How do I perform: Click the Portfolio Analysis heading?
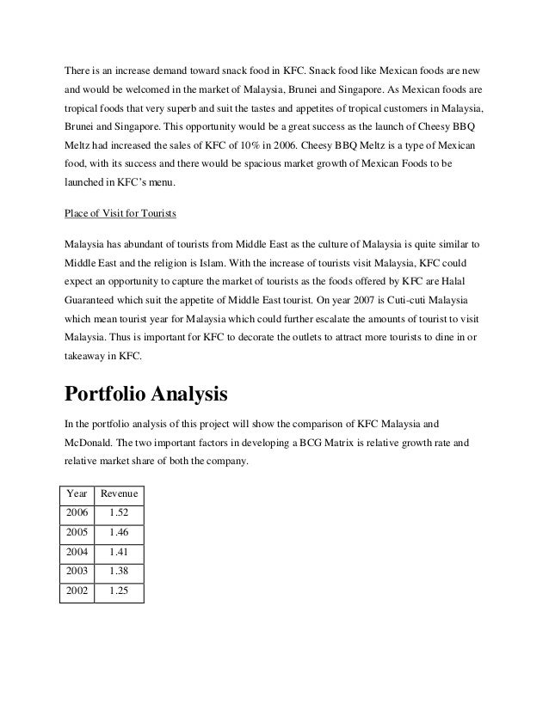tap(146, 395)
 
